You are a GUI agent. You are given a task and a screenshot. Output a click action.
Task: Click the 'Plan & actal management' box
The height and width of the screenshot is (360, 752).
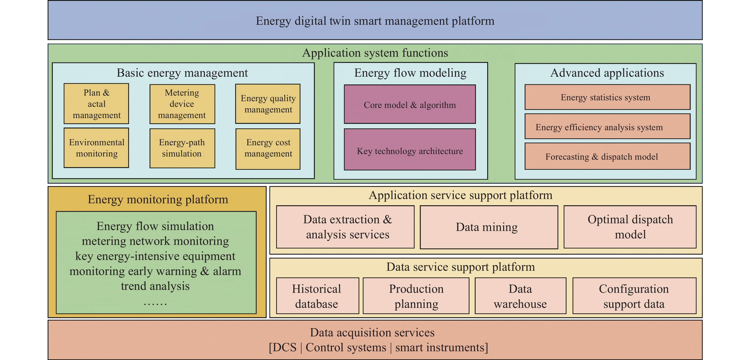96,104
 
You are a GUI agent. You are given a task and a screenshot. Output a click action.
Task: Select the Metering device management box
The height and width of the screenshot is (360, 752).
182,104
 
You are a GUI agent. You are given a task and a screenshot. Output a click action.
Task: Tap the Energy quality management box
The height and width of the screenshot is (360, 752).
268,104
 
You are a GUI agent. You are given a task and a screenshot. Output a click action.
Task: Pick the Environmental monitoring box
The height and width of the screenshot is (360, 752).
96,148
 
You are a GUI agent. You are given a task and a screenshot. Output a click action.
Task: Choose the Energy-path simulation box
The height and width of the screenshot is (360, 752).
182,148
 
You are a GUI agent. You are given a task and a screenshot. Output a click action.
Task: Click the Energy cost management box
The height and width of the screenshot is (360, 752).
268,149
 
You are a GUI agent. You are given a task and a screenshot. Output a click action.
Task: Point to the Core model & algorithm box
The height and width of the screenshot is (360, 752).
409,104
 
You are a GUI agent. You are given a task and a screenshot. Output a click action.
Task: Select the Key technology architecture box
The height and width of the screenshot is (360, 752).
409,150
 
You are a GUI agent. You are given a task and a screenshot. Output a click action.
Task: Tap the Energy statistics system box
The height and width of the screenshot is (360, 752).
607,97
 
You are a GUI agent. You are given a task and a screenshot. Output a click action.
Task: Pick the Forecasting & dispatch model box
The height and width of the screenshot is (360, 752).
607,156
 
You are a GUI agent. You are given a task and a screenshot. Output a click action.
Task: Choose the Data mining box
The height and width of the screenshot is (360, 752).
489,227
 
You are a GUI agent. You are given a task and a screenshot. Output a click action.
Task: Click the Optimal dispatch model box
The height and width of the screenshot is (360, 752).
630,227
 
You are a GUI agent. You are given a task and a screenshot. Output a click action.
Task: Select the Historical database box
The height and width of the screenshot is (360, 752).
317,296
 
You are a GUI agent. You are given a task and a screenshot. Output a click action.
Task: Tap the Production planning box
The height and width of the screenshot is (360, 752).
416,296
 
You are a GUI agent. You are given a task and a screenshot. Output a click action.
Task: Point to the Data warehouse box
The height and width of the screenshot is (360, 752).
520,296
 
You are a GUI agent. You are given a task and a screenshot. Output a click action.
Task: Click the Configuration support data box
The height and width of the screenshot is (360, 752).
634,296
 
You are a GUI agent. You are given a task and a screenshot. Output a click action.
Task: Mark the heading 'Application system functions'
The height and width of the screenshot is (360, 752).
375,53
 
